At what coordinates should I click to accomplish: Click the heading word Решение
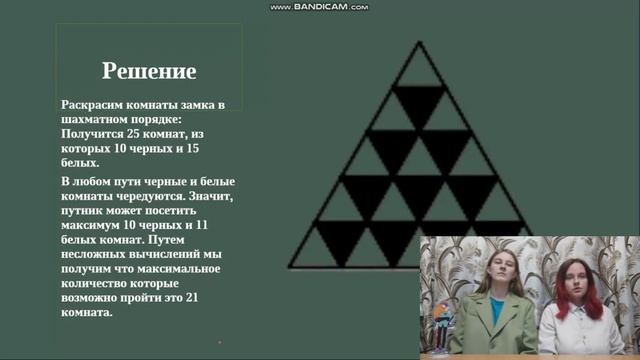point(149,71)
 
